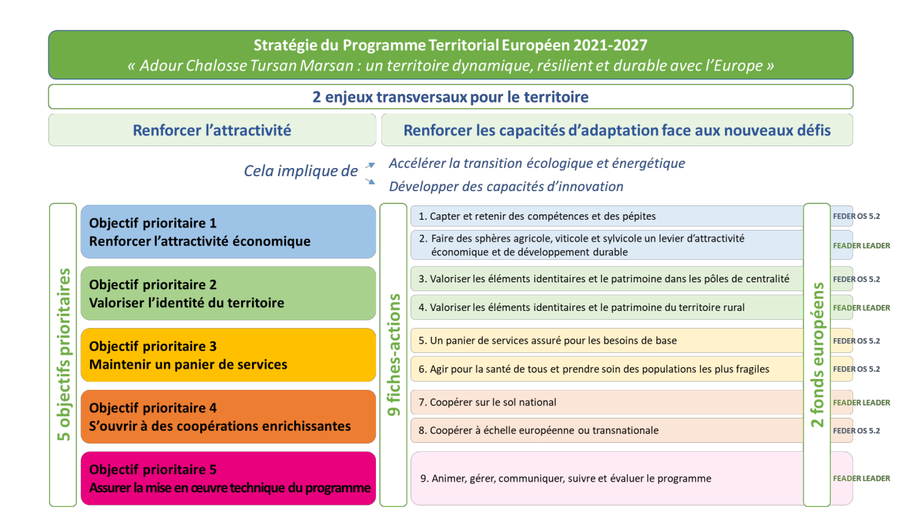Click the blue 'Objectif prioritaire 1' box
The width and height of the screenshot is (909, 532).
pos(228,231)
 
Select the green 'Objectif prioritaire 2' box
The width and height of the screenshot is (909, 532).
pos(228,293)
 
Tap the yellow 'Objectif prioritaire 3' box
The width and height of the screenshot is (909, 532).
pos(228,355)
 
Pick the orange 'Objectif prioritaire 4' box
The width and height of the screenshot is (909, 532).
pos(228,416)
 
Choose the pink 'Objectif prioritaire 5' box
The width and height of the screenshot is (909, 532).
pos(228,478)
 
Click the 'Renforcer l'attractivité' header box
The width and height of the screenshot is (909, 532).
pos(212,130)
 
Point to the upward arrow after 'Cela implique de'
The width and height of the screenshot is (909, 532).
pos(370,165)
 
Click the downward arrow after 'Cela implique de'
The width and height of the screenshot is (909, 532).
pos(370,181)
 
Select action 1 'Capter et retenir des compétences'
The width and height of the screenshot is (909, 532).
pos(607,216)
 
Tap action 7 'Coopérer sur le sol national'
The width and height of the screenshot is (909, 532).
pos(607,402)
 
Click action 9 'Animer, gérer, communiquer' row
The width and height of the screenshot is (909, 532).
pos(607,478)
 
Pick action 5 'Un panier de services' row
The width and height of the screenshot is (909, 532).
pos(607,341)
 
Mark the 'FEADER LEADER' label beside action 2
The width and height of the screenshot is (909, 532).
pos(861,246)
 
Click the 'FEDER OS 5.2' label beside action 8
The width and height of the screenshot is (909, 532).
pos(857,431)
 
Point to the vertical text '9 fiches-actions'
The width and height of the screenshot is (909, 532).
pos(394,355)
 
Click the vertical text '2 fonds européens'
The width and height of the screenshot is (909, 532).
pos(817,355)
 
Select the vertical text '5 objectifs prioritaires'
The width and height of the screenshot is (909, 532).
pos(63,355)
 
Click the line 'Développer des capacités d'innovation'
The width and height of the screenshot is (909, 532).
pos(506,186)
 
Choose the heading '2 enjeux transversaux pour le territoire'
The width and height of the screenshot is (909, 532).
pos(451,97)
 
